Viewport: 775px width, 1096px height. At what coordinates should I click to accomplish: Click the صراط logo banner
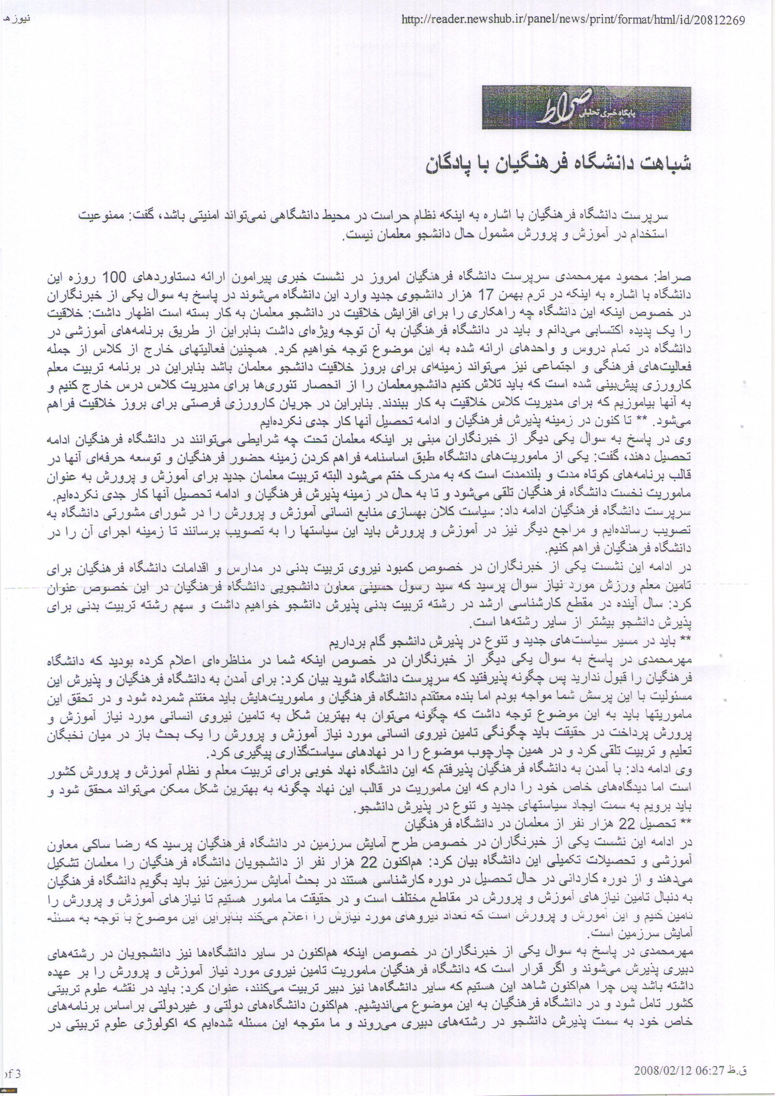click(586, 108)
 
